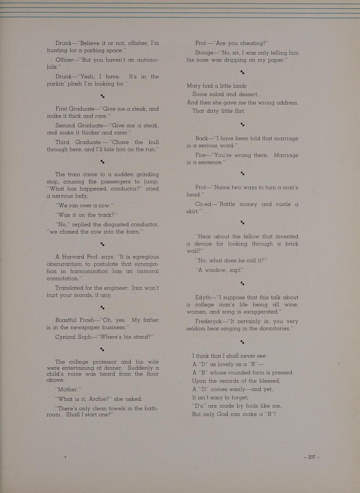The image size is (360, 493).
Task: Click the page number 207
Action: click(x=312, y=457)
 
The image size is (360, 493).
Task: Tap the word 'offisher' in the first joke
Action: click(x=126, y=43)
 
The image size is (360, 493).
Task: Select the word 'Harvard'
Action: click(x=76, y=257)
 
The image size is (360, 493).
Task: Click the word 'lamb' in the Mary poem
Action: click(x=240, y=86)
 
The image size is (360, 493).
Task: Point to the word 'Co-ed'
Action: click(x=203, y=204)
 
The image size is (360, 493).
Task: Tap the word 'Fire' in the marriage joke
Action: click(x=201, y=155)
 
